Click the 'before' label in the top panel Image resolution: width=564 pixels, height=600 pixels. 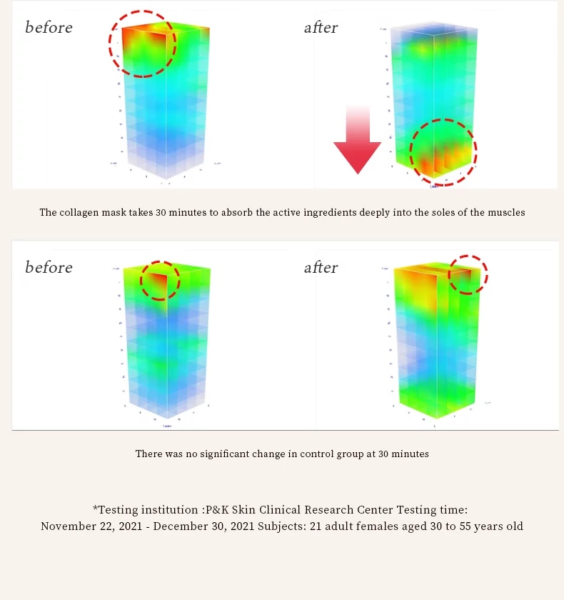click(x=49, y=28)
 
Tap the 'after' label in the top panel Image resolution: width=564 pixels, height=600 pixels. click(x=321, y=28)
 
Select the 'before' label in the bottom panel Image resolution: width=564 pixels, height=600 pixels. click(x=49, y=268)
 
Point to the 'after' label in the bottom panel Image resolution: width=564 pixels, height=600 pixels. click(x=321, y=268)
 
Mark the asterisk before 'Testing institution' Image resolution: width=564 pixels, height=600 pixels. click(x=95, y=509)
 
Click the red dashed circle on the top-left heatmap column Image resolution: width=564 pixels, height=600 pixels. click(x=143, y=44)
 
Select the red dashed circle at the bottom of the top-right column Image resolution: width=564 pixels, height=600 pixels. click(x=443, y=152)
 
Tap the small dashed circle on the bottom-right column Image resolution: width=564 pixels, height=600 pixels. click(x=468, y=274)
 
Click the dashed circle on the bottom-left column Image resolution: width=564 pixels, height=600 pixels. click(x=160, y=280)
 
